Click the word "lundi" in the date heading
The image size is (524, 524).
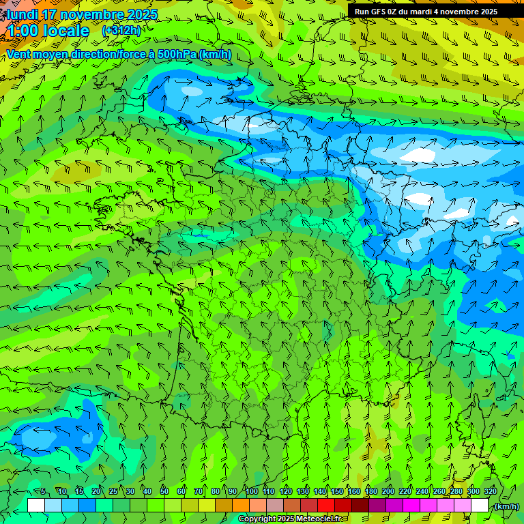point(22,14)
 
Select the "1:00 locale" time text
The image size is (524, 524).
point(48,31)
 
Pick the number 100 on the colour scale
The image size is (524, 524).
point(251,491)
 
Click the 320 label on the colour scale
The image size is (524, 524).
point(490,491)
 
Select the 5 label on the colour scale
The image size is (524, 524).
point(43,491)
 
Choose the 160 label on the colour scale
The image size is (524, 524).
point(353,491)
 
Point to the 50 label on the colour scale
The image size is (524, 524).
point(164,491)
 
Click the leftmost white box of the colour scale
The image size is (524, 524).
point(36,506)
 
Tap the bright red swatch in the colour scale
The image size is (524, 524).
point(326,506)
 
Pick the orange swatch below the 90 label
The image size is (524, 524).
point(241,506)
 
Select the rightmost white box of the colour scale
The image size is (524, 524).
point(480,506)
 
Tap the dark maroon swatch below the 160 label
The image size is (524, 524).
point(360,506)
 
